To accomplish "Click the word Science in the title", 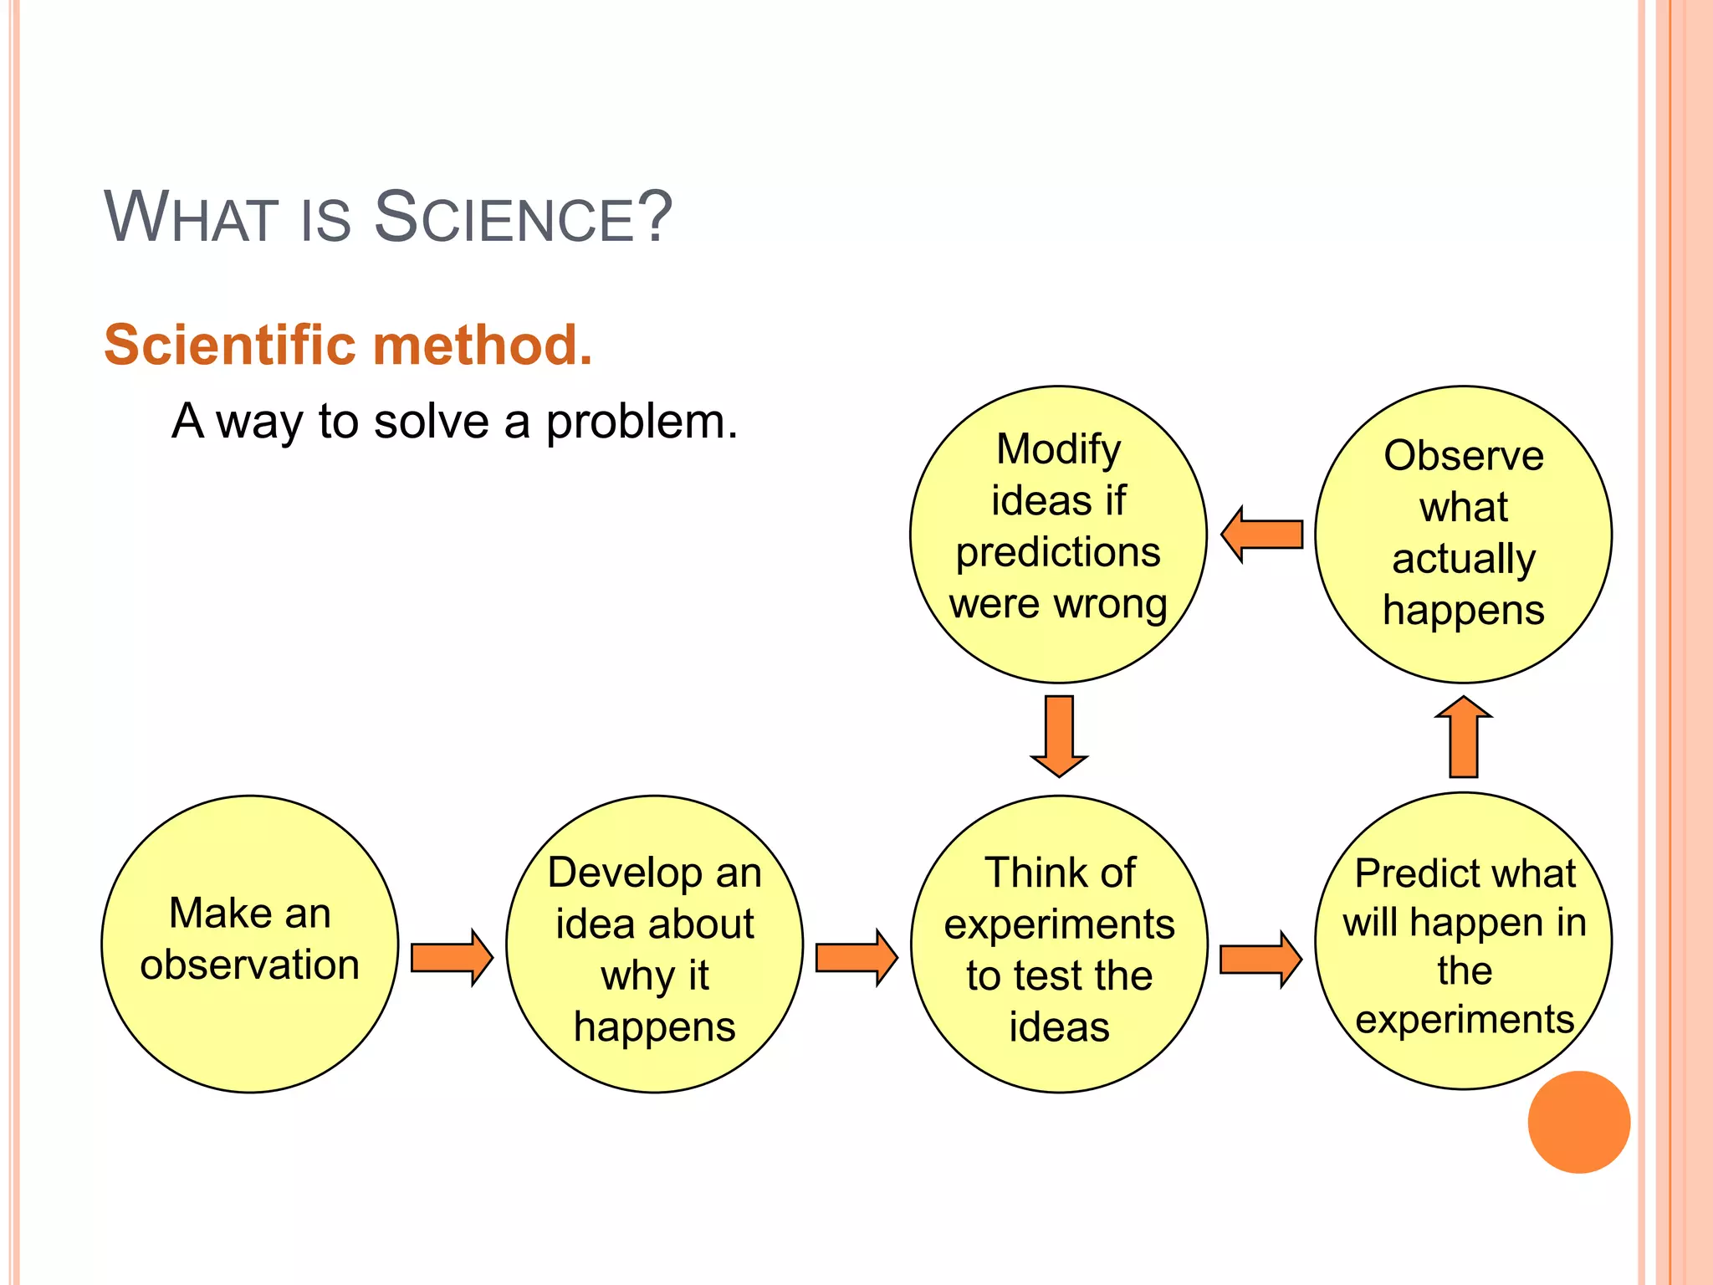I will click(x=522, y=218).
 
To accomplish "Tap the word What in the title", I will click(x=191, y=218).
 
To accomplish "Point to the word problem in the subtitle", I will click(x=641, y=422).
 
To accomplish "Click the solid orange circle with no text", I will click(x=1578, y=1122).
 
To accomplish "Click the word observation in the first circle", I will click(x=249, y=965).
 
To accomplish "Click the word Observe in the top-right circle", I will click(x=1463, y=456).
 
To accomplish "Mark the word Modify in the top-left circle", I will click(x=1058, y=450).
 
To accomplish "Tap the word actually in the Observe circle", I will click(x=1463, y=559).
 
